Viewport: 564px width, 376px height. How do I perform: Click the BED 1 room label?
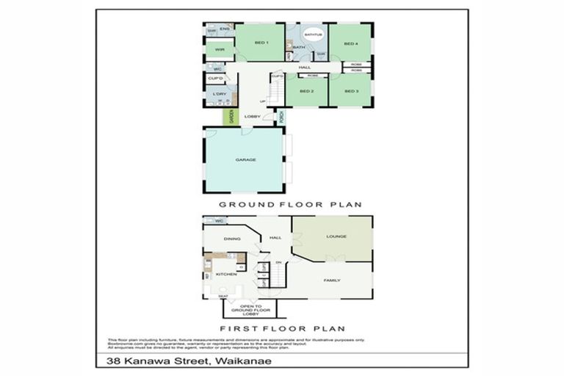pos(261,43)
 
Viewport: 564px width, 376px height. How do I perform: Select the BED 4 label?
pos(351,43)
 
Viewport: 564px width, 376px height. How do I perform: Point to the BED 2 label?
pos(307,91)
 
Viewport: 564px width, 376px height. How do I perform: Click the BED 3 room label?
pos(351,91)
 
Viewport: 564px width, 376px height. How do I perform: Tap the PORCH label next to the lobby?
pos(281,116)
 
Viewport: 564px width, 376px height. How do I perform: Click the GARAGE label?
pos(245,159)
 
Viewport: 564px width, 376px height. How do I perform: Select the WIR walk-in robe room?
pos(219,50)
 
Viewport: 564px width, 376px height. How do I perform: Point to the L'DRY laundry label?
pos(218,94)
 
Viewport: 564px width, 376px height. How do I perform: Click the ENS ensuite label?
pos(224,29)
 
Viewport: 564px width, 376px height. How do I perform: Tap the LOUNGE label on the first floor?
pos(336,236)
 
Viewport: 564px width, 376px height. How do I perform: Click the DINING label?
pos(232,239)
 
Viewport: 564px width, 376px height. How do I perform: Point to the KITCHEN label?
pos(226,274)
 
